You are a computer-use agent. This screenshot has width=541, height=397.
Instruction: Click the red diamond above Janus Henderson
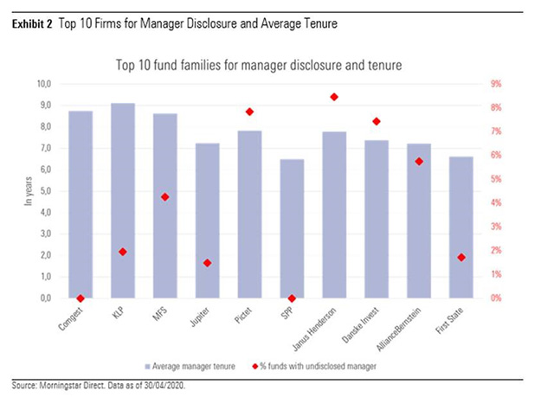(x=334, y=97)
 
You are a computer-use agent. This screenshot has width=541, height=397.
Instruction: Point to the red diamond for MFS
(x=165, y=197)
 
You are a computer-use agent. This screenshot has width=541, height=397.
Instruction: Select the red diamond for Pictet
(x=249, y=112)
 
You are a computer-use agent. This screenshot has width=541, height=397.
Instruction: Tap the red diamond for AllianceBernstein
(x=419, y=162)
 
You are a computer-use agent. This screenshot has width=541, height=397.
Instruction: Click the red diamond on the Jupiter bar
(x=208, y=263)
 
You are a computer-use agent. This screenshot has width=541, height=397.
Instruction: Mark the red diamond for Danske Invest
(x=377, y=121)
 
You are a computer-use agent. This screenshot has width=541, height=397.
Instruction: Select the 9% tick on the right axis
(x=496, y=84)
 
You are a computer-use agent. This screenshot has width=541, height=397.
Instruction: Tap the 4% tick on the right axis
(x=496, y=203)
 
